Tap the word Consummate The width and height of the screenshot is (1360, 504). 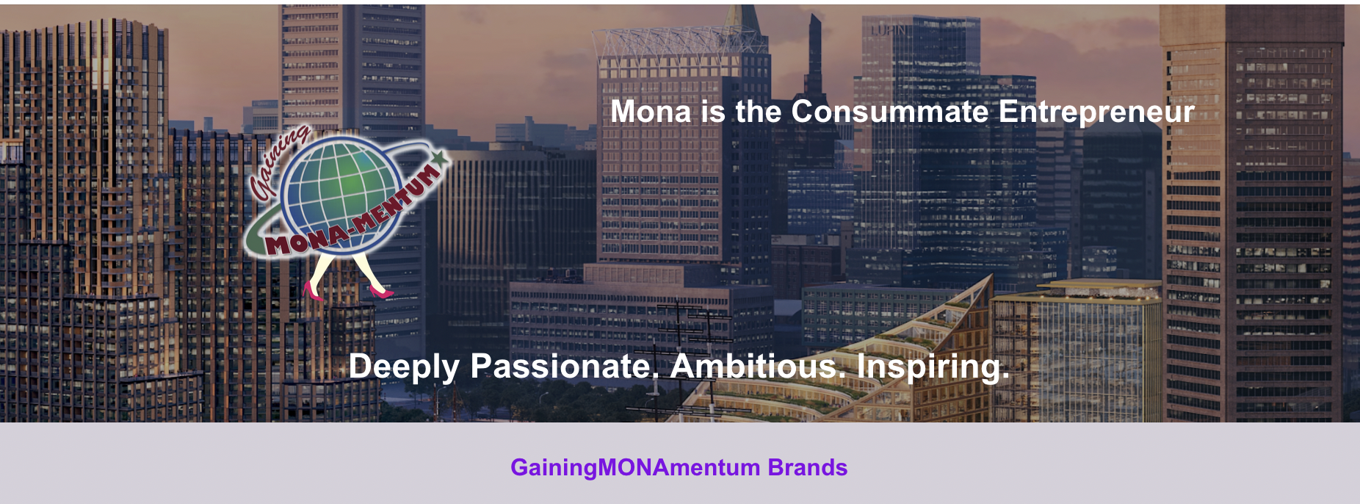point(890,112)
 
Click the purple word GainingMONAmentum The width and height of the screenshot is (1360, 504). point(635,468)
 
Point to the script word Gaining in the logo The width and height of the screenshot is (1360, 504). point(279,163)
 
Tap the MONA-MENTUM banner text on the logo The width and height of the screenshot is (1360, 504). point(352,213)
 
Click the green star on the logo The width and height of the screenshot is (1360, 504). point(440,157)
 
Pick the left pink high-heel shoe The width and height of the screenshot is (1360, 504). point(312,291)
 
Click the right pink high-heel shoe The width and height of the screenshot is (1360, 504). point(380,292)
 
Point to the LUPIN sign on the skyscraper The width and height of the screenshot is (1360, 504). point(889,30)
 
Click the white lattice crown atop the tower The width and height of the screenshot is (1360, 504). point(679,46)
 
